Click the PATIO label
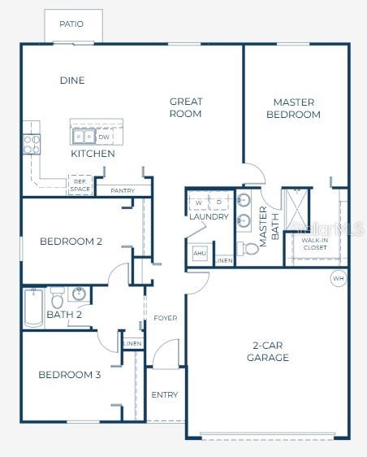71,24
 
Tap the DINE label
72,81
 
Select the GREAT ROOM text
186,107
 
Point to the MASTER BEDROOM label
293,108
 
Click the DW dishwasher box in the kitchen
104,137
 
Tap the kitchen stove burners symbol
32,144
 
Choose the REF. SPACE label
80,186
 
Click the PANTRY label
123,191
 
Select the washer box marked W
199,201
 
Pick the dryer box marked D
219,201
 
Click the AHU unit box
200,254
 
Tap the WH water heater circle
338,278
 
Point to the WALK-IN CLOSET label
314,244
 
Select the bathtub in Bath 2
32,307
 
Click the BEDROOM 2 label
71,242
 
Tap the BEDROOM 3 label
70,375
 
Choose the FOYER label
165,318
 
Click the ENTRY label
165,395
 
